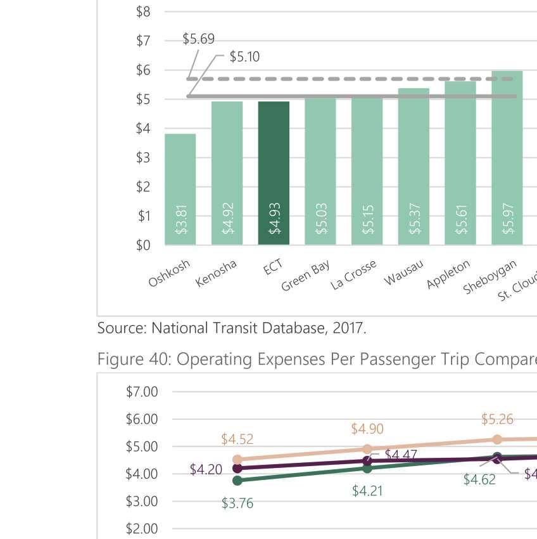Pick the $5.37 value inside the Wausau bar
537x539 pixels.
415,219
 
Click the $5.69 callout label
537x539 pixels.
198,39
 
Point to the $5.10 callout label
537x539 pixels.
244,57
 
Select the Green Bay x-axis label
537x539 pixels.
306,276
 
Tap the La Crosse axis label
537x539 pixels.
353,275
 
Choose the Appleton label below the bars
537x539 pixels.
448,274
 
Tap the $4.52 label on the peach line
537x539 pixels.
237,439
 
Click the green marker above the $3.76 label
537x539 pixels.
237,480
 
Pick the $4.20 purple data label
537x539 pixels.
206,470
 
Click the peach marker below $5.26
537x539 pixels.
497,439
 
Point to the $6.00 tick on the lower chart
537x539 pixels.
142,419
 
